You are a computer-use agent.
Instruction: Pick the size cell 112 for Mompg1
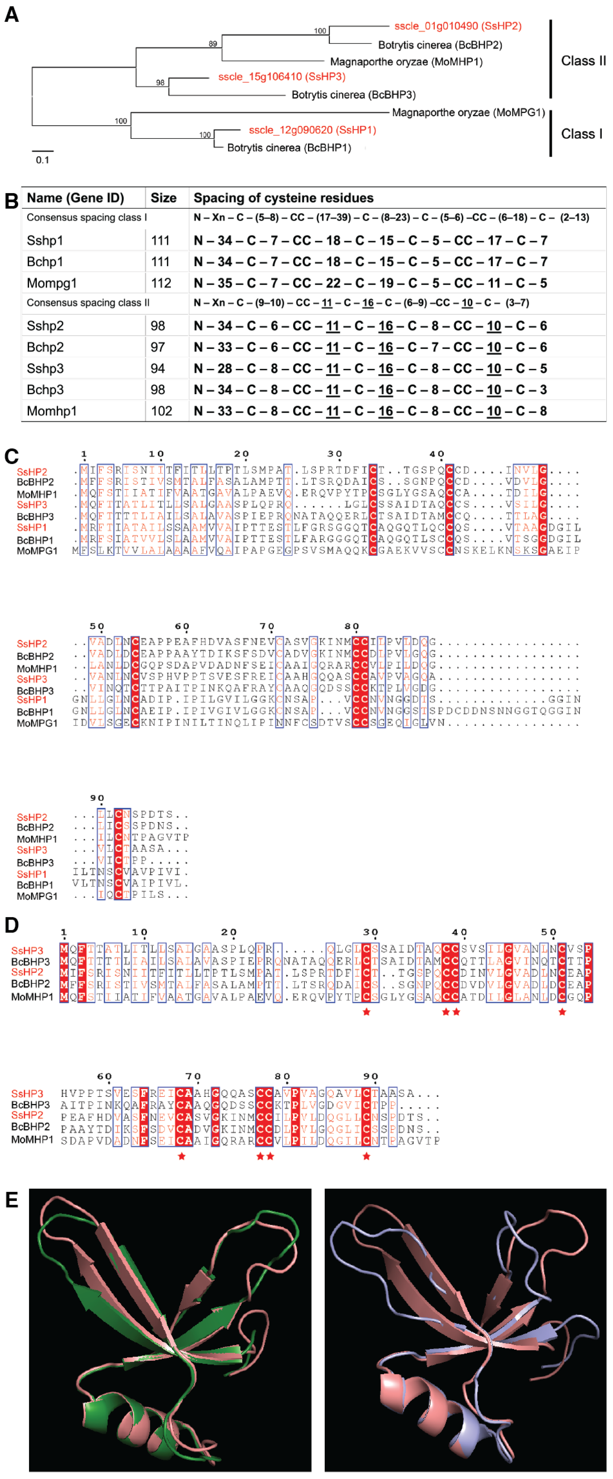[161, 283]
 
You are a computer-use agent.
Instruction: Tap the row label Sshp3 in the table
[45, 369]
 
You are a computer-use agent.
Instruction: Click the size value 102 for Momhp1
[161, 411]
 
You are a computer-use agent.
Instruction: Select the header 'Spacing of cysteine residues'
[283, 198]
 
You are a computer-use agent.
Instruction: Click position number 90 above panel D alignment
[371, 1076]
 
